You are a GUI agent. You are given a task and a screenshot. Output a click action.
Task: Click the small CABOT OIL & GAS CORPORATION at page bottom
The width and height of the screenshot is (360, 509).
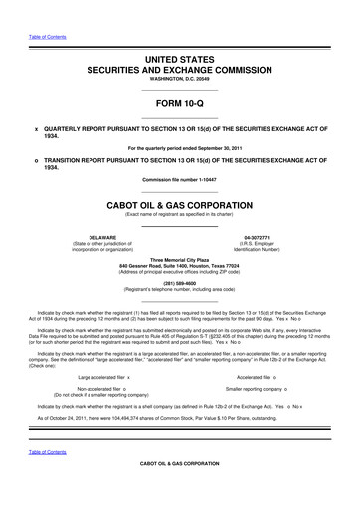179,492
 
